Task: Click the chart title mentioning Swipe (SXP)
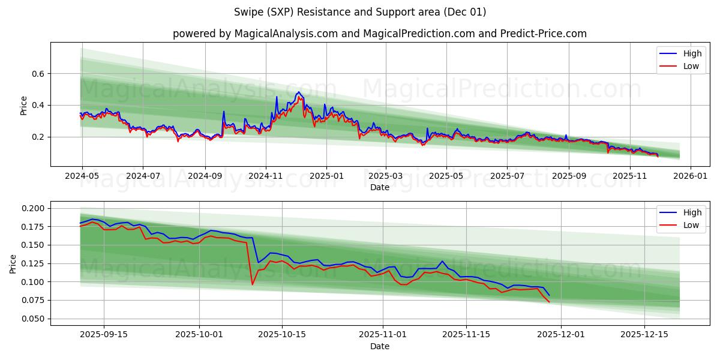click(359, 12)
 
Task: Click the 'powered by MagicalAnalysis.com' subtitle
click(379, 34)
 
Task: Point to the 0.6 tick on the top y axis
click(36, 74)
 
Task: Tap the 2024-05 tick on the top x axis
click(82, 177)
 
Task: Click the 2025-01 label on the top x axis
click(326, 177)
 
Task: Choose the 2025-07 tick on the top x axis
click(507, 177)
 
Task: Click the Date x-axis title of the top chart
click(379, 187)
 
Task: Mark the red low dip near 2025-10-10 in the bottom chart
click(252, 284)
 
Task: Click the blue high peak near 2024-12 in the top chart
click(298, 92)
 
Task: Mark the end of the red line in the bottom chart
click(549, 301)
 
